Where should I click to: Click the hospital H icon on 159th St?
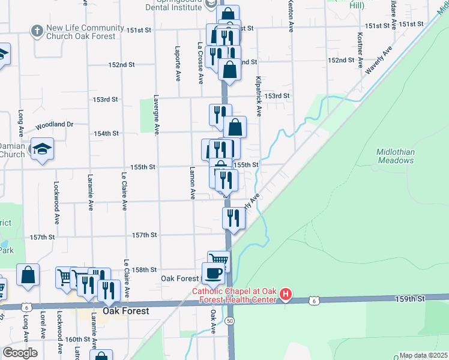click(x=286, y=295)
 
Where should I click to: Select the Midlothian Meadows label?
click(x=395, y=157)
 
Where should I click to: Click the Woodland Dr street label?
click(x=54, y=125)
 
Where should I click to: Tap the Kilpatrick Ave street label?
click(x=259, y=96)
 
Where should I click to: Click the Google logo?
click(x=20, y=353)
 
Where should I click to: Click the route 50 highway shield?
click(x=230, y=322)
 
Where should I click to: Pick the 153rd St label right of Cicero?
click(x=277, y=96)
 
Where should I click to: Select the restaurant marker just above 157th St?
click(x=234, y=218)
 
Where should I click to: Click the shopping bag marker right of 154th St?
click(x=235, y=127)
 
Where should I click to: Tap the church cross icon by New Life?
click(x=37, y=30)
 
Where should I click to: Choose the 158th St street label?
click(x=145, y=270)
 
